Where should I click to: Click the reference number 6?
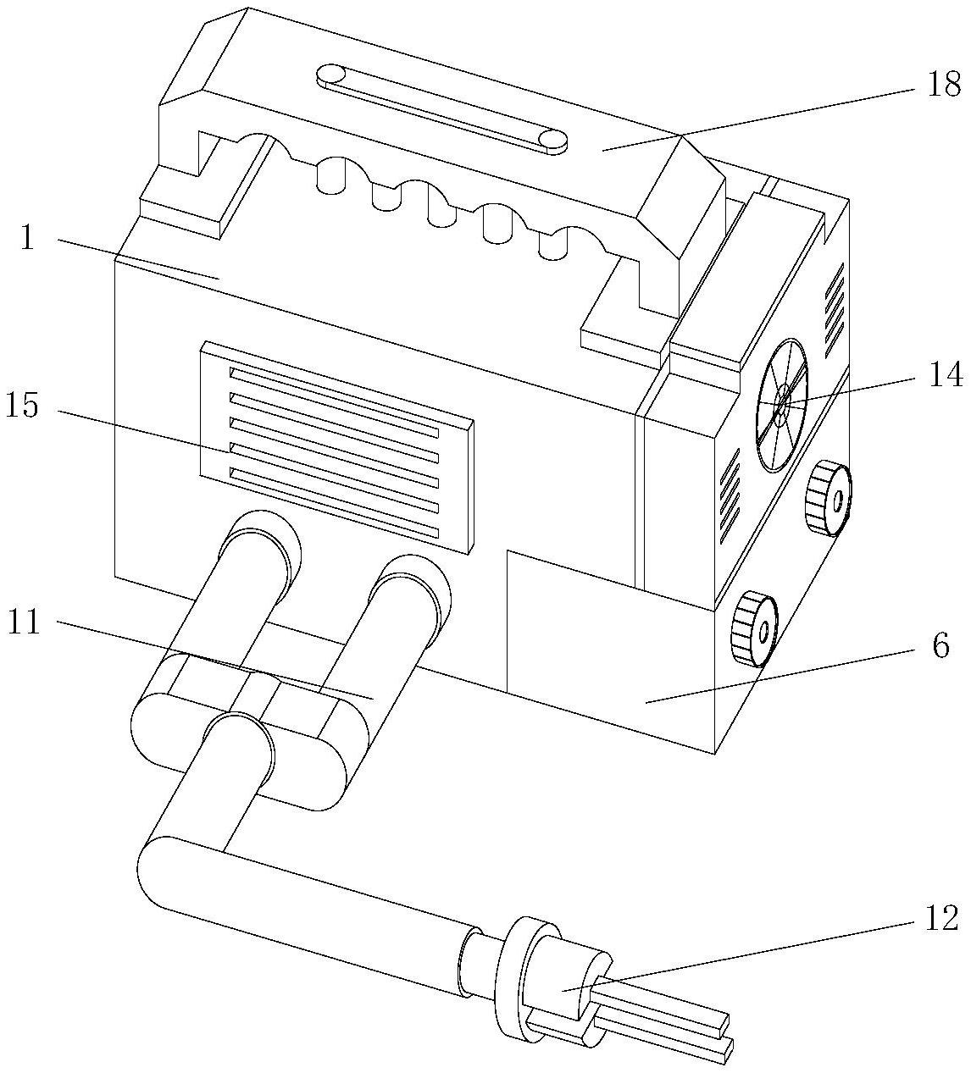click(x=940, y=647)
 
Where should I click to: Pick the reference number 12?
click(x=940, y=918)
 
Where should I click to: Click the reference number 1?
click(x=27, y=239)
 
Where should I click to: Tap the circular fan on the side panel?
click(x=781, y=405)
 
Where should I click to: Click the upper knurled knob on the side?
click(x=827, y=498)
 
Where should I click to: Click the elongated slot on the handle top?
click(x=441, y=108)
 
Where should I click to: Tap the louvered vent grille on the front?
click(x=336, y=445)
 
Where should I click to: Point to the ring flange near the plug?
click(x=511, y=974)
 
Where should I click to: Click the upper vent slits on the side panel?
click(x=834, y=301)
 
